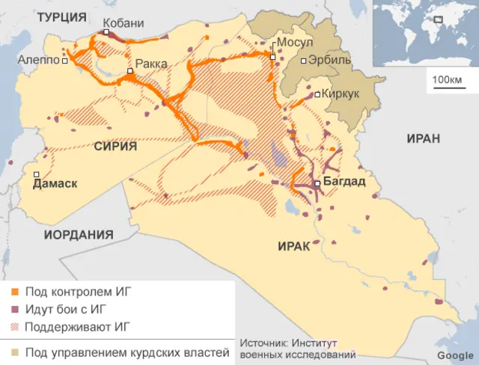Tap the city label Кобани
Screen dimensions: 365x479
pos(123,23)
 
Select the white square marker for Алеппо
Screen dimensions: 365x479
pos(65,61)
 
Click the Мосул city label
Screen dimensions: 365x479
pos(295,43)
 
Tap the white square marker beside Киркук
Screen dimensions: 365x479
pos(317,94)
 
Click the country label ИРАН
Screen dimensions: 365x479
pos(424,138)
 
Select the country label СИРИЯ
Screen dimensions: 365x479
pos(115,147)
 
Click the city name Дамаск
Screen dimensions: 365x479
pos(55,183)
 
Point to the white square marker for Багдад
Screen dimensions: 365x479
pos(317,183)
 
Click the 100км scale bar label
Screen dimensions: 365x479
pos(448,80)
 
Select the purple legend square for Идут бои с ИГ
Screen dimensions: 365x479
pos(13,309)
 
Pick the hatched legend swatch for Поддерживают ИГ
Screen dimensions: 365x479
pos(13,326)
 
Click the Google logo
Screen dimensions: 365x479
pos(455,355)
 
